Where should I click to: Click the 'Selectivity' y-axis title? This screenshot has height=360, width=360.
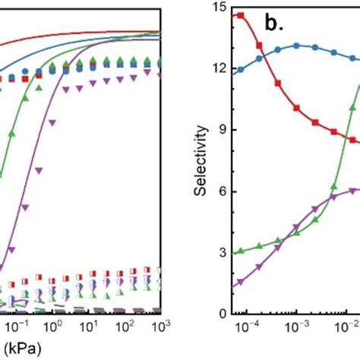click(200, 161)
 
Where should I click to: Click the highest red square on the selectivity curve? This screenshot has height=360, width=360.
click(241, 15)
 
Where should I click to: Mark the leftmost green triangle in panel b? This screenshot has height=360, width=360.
click(241, 251)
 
